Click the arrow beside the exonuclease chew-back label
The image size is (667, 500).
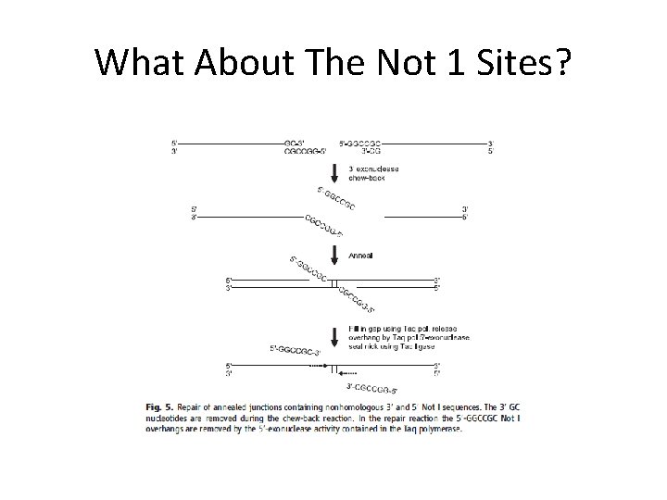click(x=333, y=172)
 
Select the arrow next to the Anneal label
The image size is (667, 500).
click(x=333, y=254)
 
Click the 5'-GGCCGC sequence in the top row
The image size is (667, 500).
click(x=360, y=142)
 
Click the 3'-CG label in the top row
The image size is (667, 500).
click(x=350, y=150)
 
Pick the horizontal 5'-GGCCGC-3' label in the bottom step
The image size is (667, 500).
click(x=295, y=349)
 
